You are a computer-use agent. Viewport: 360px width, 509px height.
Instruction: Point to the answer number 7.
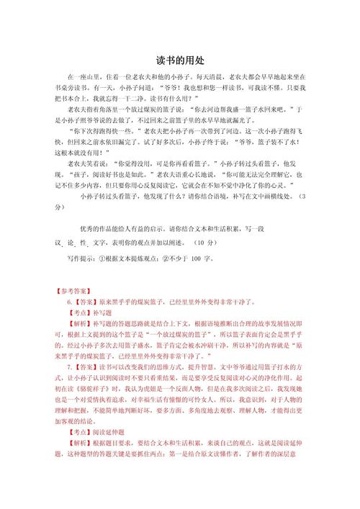pyautogui.click(x=70, y=366)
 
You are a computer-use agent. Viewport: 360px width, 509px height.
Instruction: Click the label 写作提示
pyautogui.click(x=79, y=258)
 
